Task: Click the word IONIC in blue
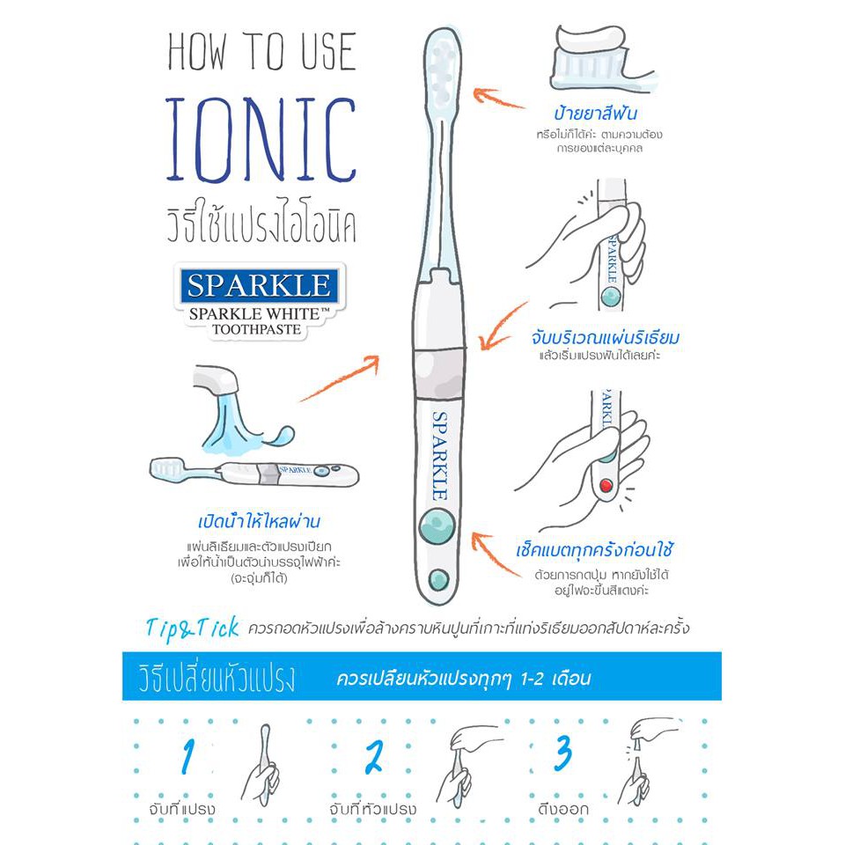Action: coord(261,140)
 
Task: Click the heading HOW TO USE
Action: coord(262,51)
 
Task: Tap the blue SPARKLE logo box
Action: coord(259,284)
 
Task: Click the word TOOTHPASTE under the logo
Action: coord(256,329)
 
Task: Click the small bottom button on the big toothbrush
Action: coord(438,580)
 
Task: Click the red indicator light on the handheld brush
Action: coord(606,485)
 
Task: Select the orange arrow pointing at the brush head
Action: coord(498,98)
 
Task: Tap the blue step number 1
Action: coord(187,755)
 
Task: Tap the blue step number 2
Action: coord(374,756)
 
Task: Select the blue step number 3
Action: coord(563,753)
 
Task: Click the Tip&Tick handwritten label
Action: coord(193,628)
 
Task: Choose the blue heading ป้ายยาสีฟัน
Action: coord(596,113)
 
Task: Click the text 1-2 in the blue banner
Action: coord(533,679)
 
